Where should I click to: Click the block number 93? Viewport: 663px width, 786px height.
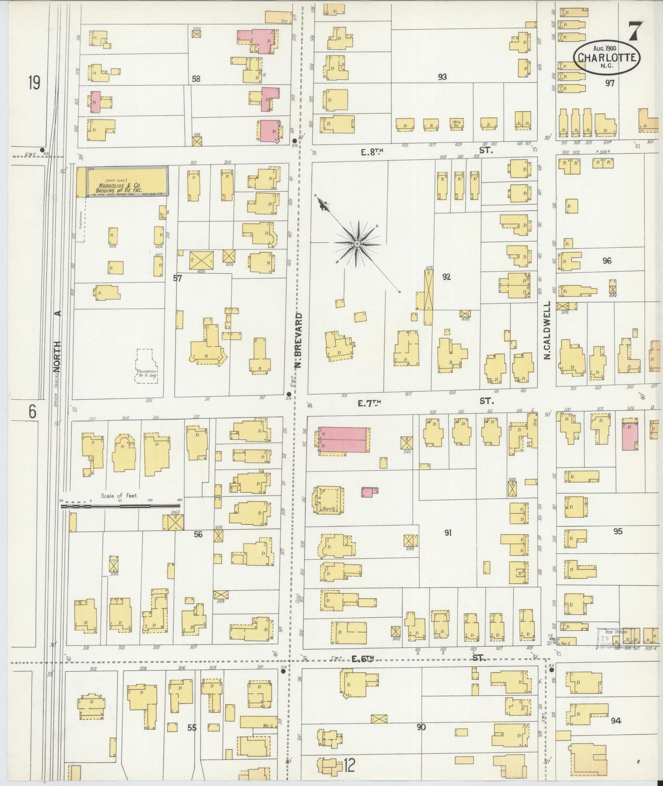tap(442, 77)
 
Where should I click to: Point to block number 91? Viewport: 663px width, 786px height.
tap(448, 532)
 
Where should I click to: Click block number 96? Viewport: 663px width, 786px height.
tap(607, 261)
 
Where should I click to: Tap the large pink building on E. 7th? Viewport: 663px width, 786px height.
tap(343, 440)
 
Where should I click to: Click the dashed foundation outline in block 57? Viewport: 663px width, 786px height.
tap(147, 366)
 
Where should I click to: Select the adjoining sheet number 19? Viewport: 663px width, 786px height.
tap(33, 83)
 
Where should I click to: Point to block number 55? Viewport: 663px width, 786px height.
tap(191, 727)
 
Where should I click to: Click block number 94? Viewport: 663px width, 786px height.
tap(616, 721)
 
